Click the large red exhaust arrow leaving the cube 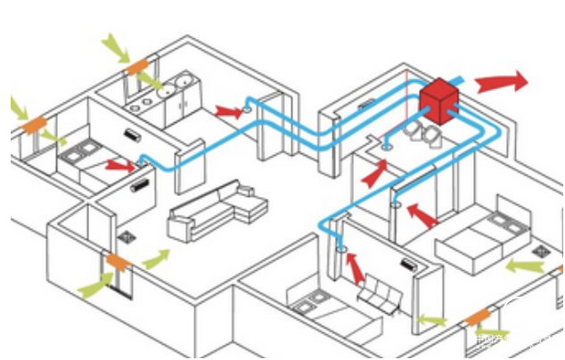coord(501,84)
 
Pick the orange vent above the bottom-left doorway coord(118,262)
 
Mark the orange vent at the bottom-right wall coord(478,316)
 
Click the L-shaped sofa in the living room coord(217,211)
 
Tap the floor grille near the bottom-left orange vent coord(127,239)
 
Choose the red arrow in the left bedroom coord(119,164)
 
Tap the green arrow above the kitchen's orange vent coord(113,45)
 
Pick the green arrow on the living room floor coord(154,259)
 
